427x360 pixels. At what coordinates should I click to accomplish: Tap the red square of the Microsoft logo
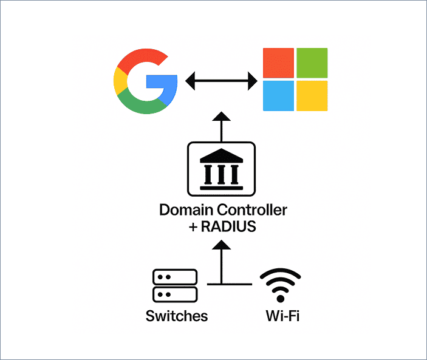pyautogui.click(x=278, y=63)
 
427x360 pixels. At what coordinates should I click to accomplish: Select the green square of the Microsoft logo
pyautogui.click(x=312, y=63)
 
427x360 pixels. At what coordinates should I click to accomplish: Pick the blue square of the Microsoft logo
pyautogui.click(x=278, y=96)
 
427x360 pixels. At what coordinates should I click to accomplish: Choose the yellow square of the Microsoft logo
pyautogui.click(x=312, y=96)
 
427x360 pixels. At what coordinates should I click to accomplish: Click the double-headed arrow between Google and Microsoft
pyautogui.click(x=220, y=81)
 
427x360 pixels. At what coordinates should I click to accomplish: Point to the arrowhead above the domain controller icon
pyautogui.click(x=222, y=118)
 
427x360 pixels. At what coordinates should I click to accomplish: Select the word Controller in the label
pyautogui.click(x=253, y=211)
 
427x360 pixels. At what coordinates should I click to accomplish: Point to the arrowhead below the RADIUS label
pyautogui.click(x=222, y=245)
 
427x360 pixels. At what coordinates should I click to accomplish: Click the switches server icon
pyautogui.click(x=175, y=286)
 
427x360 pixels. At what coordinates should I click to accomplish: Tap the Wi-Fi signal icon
pyautogui.click(x=281, y=285)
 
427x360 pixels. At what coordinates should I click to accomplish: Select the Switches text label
pyautogui.click(x=176, y=316)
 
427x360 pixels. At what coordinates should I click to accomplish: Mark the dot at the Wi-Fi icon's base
pyautogui.click(x=281, y=297)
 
